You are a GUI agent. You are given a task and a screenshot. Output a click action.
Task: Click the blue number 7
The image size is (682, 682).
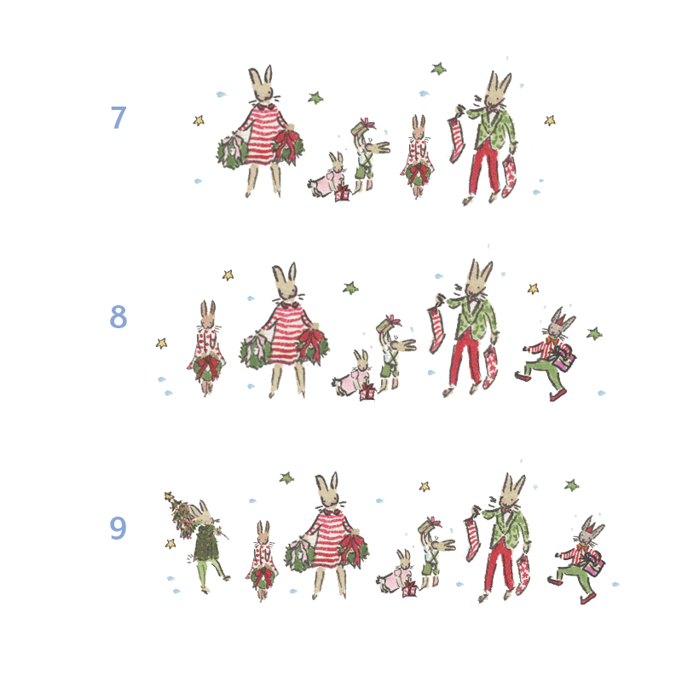pos(118,118)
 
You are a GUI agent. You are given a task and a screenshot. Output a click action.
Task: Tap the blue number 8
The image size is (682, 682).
pos(118,316)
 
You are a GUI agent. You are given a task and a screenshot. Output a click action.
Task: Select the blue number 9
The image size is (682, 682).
pos(118,528)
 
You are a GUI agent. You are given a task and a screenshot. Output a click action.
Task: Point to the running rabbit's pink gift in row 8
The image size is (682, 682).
pos(565,358)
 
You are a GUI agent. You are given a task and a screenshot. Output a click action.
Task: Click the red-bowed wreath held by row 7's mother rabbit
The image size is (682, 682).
pos(287,145)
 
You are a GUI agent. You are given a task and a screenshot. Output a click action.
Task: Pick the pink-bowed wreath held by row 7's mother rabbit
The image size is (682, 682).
pos(233,150)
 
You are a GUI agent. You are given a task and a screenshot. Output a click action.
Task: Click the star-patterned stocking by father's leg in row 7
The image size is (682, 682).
pos(508,176)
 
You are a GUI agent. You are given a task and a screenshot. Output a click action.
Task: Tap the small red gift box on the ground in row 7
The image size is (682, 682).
pos(343,194)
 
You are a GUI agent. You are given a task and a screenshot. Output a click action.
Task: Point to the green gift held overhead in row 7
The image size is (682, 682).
pos(362,126)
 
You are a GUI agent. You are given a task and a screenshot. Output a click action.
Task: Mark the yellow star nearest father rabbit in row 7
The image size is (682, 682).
pos(550,120)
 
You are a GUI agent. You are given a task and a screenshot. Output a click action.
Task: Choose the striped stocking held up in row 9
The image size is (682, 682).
pos(473,538)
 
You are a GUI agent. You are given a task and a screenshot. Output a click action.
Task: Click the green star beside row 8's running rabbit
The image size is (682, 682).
pos(594,333)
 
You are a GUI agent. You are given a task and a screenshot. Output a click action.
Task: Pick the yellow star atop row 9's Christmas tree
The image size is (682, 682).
pos(169,495)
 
